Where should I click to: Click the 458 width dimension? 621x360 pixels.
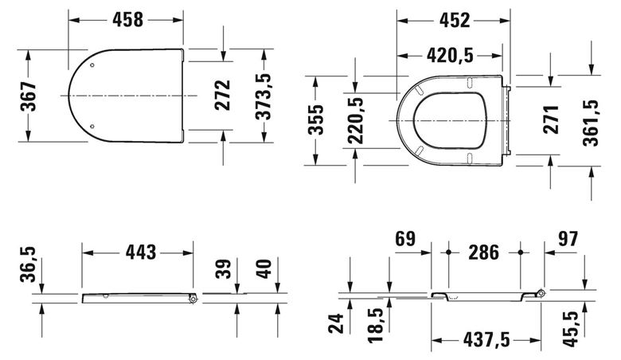click(127, 19)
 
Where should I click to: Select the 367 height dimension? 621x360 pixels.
click(28, 96)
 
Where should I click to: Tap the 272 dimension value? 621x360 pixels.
click(222, 95)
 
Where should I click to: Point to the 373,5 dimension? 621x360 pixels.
click(264, 96)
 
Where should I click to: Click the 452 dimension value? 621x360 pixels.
click(455, 20)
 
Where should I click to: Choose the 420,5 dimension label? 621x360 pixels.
click(450, 56)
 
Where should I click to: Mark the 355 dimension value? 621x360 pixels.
click(316, 119)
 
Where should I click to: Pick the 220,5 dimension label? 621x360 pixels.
click(355, 120)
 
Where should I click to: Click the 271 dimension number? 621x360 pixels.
click(551, 119)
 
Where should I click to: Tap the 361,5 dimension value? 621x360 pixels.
click(591, 123)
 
